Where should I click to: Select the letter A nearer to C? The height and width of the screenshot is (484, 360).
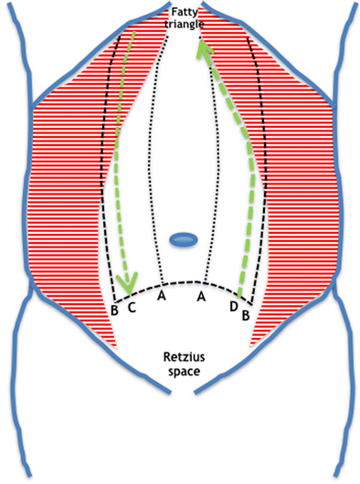pos(162,296)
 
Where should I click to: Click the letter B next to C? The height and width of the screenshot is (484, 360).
pos(114,311)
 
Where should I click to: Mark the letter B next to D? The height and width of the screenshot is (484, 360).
pos(244,313)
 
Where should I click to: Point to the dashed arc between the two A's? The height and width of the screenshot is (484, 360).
pos(183,280)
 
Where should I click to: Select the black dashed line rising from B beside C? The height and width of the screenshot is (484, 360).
pos(107,183)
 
